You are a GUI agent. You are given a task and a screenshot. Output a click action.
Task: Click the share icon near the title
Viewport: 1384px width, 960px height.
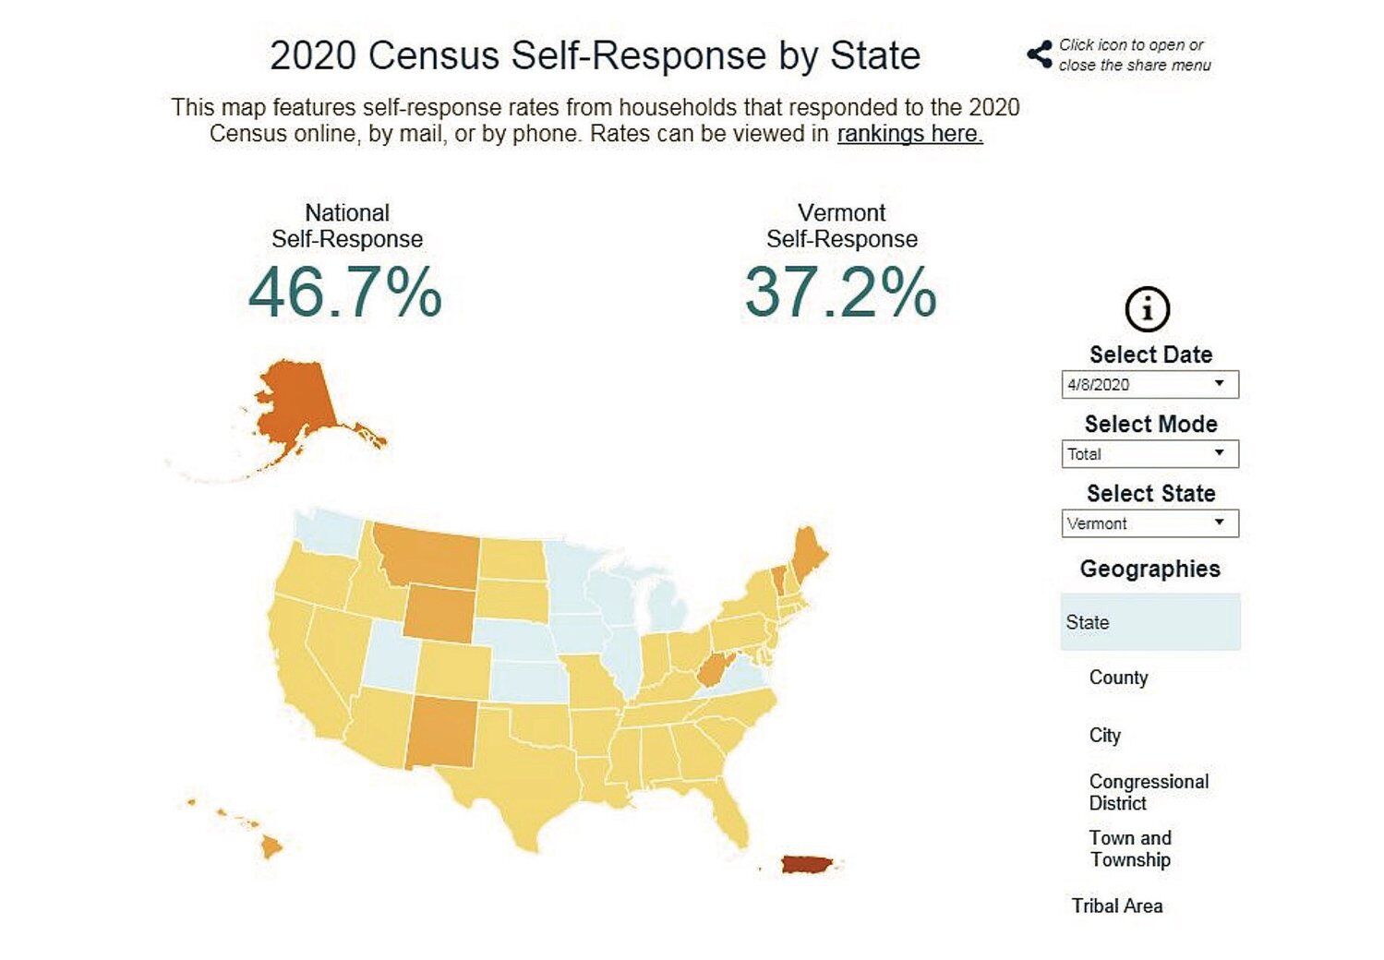pos(1040,54)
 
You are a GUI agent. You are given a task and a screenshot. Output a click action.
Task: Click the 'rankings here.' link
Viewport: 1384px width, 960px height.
pos(909,134)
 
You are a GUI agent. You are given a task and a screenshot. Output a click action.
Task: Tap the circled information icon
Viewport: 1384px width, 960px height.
pos(1148,309)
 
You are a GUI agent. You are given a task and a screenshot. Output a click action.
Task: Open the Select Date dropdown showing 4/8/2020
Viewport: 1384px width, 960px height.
pos(1149,384)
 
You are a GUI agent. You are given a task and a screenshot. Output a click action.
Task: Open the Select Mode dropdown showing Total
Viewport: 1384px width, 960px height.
pos(1149,453)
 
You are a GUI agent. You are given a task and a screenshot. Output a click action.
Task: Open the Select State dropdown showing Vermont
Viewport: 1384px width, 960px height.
pos(1149,523)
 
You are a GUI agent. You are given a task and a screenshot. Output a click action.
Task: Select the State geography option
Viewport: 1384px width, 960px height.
pos(1149,622)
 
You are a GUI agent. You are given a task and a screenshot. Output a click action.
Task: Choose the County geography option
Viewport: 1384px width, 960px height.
pos(1118,678)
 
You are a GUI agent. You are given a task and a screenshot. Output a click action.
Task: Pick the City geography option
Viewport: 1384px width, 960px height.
pos(1104,736)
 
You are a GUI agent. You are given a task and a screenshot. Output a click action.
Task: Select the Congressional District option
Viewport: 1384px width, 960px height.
pos(1148,792)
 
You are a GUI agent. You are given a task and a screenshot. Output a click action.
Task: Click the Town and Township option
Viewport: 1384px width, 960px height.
pos(1130,848)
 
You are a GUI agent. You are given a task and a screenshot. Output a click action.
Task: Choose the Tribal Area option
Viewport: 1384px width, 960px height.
pos(1116,906)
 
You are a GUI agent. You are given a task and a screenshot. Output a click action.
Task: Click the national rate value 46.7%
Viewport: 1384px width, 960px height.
pos(345,293)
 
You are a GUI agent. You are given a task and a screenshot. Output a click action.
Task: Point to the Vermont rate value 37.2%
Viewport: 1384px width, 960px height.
pos(840,293)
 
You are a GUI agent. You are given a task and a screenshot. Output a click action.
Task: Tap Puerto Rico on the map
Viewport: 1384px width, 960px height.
pos(806,864)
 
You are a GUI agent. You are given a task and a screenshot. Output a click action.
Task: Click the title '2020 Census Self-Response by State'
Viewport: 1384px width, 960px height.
pos(595,55)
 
